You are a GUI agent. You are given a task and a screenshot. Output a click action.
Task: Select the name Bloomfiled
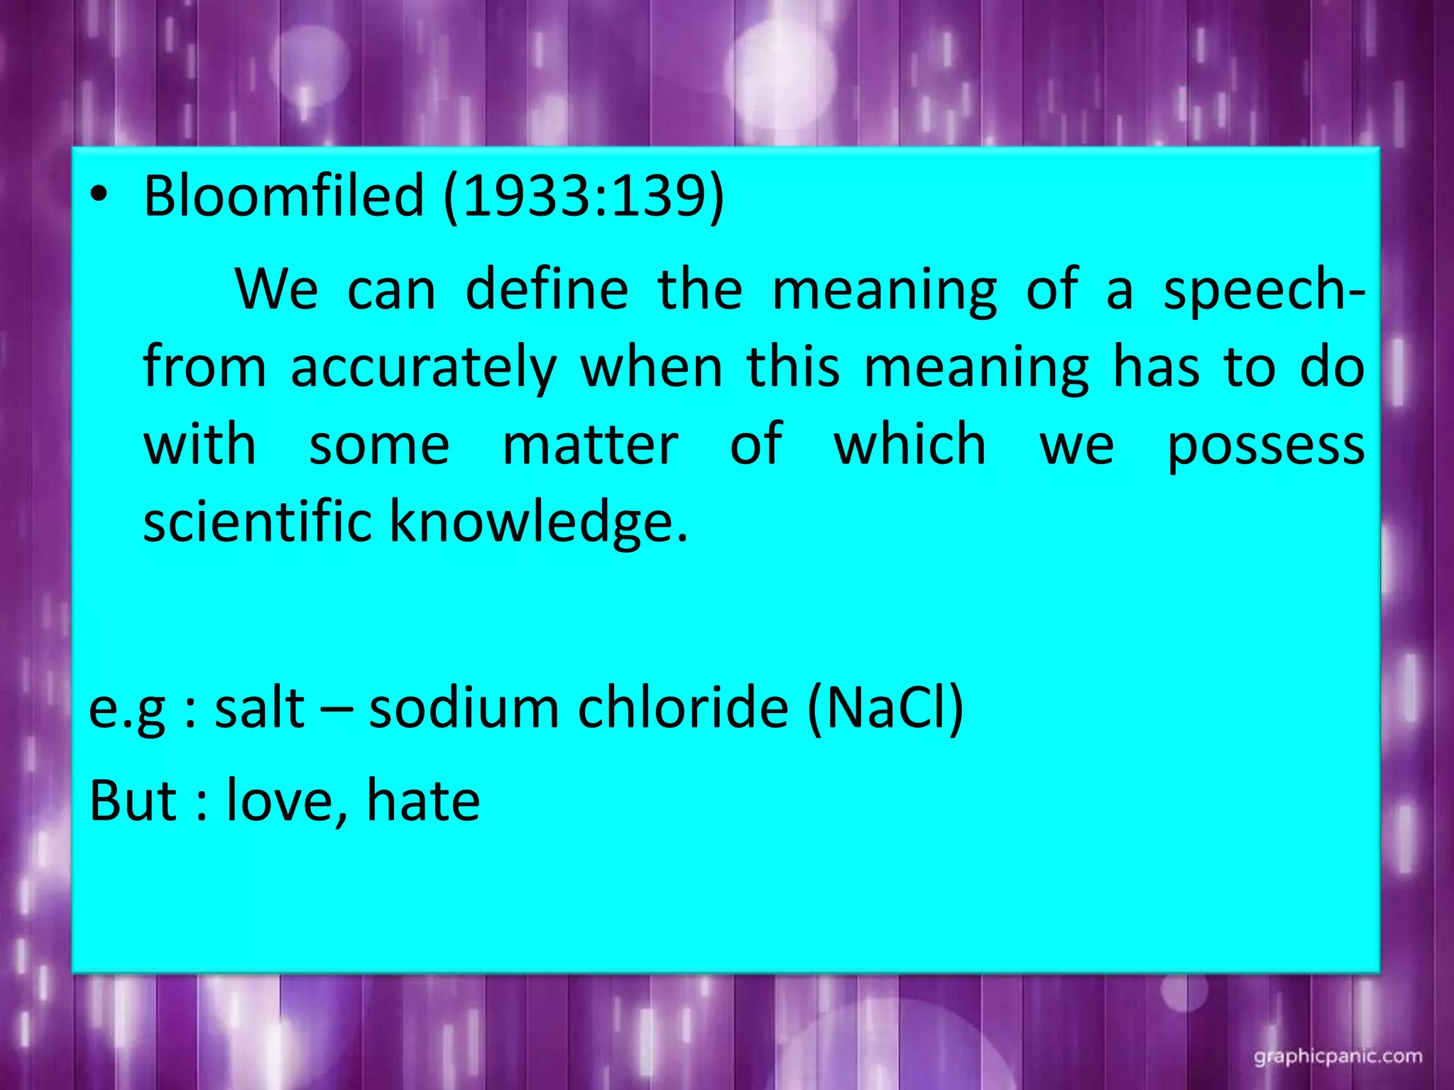[283, 195]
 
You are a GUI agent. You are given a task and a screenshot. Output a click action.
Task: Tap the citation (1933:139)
[584, 197]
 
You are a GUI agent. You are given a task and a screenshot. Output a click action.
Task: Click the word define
[547, 290]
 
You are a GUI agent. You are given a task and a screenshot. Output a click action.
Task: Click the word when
[652, 368]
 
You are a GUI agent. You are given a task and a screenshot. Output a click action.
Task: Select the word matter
[590, 446]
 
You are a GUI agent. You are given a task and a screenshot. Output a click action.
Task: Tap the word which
[910, 444]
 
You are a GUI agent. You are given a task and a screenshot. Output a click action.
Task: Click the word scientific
[257, 522]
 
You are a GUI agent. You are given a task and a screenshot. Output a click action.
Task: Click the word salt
[259, 708]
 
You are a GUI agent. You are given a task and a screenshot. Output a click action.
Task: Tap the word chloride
[683, 708]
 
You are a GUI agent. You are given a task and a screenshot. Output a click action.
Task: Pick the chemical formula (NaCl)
[885, 708]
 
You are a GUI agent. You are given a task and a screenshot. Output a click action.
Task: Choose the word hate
[423, 800]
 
